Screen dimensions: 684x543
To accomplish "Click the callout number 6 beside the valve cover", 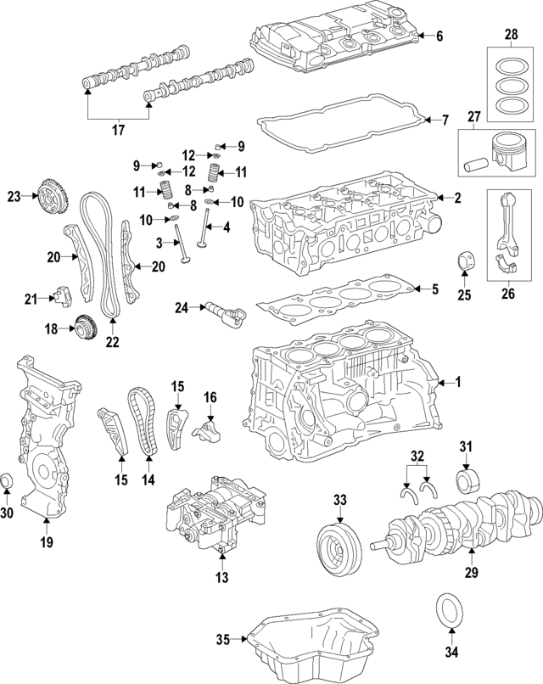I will point(439,36).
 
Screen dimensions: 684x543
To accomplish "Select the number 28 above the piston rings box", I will point(510,35).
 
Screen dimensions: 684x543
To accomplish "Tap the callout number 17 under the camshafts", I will point(118,130).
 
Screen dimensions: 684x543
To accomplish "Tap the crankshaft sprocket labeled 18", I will point(84,326).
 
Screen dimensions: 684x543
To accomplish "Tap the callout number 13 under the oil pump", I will point(221,580).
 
